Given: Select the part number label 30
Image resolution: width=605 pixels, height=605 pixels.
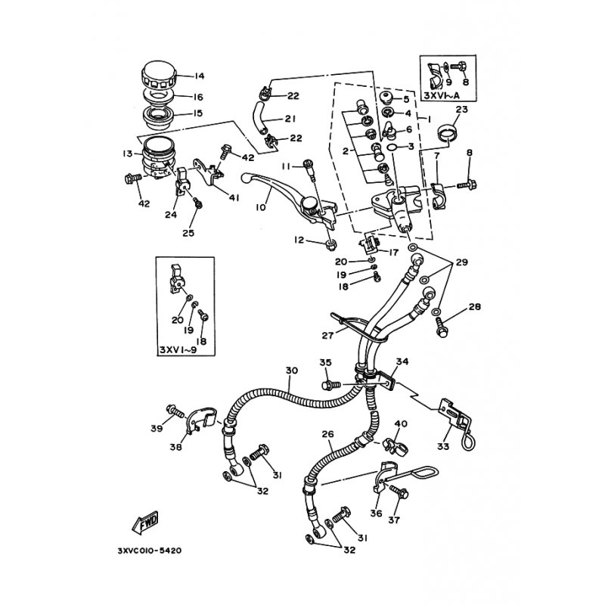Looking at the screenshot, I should (292, 371).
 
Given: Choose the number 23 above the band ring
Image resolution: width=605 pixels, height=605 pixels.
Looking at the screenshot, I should (462, 110).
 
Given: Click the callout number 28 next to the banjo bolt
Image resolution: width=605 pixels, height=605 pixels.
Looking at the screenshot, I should (453, 308).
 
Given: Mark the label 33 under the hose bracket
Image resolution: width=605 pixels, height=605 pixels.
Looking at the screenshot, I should (442, 445).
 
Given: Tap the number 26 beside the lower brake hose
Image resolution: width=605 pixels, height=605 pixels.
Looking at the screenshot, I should (327, 435).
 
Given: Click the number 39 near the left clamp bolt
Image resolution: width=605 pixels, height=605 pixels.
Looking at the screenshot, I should (157, 429).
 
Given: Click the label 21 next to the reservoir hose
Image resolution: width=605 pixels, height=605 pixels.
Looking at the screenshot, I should (290, 119).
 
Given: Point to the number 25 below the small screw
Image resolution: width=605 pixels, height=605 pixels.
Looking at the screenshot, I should (188, 233).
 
